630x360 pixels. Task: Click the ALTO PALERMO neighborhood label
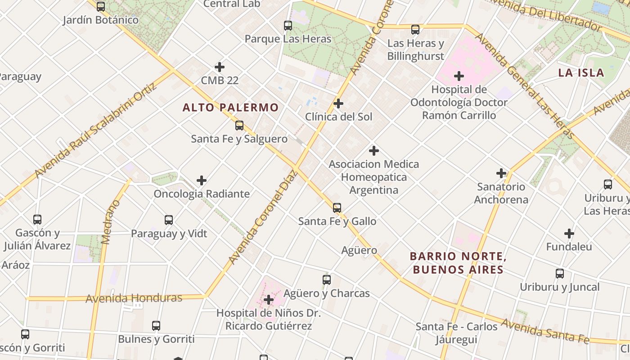coord(230,108)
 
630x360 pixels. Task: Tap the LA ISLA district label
coord(581,73)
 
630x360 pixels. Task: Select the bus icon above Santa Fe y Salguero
coord(239,126)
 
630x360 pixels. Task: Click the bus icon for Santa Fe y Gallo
coord(337,208)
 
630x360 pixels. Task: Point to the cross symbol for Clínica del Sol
coord(338,104)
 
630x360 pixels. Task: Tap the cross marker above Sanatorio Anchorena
coord(501,173)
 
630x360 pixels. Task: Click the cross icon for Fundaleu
coord(569,234)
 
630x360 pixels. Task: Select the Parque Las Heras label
coord(288,39)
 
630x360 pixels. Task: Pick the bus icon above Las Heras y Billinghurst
coord(415,30)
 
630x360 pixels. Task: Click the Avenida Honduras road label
coord(134,298)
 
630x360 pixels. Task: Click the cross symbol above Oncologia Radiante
coord(202,181)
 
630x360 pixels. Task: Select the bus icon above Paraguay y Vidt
coord(169,220)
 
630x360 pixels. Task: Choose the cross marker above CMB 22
coord(220,67)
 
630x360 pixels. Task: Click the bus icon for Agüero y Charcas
coord(327,280)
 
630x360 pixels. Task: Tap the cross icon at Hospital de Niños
coord(269,300)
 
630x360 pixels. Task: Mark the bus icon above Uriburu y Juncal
coord(560,274)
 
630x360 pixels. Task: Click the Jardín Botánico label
coord(101,20)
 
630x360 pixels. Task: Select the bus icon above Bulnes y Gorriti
coord(156,325)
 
